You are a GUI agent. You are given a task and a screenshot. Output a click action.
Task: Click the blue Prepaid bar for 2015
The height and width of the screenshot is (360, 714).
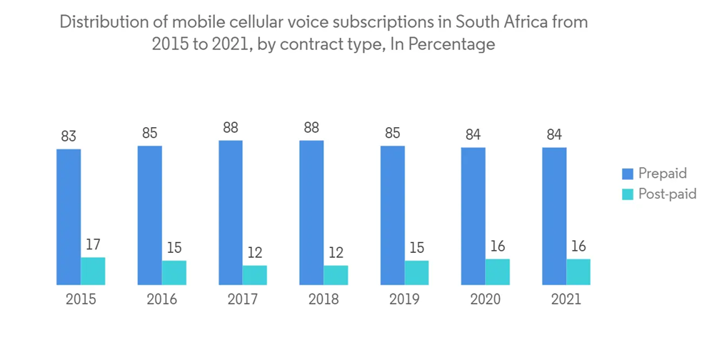pyautogui.click(x=69, y=217)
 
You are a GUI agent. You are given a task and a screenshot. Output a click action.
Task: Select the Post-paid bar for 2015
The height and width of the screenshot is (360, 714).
pyautogui.click(x=93, y=271)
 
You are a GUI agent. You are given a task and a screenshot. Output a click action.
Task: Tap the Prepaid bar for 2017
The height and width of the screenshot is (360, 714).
pyautogui.click(x=231, y=213)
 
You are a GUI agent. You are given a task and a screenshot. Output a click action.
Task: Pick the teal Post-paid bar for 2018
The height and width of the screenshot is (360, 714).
pyautogui.click(x=336, y=275)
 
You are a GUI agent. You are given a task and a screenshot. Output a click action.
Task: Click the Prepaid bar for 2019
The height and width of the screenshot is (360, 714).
pyautogui.click(x=392, y=215)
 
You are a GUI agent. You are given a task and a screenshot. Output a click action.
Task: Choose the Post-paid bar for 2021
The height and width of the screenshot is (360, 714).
pyautogui.click(x=578, y=271)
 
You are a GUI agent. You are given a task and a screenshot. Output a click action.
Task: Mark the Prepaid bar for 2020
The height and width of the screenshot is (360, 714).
pyautogui.click(x=473, y=216)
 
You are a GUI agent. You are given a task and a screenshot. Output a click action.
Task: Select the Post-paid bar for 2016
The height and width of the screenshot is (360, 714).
pyautogui.click(x=174, y=272)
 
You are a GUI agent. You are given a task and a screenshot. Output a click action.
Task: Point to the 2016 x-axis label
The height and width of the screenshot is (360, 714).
pyautogui.click(x=161, y=299)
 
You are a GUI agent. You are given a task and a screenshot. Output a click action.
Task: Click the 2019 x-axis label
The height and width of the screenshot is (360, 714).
pyautogui.click(x=404, y=299)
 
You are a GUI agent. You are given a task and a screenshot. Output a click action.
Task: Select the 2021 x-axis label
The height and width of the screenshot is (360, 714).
pyautogui.click(x=566, y=299)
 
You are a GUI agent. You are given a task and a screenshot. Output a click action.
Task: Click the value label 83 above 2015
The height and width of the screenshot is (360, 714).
pyautogui.click(x=69, y=136)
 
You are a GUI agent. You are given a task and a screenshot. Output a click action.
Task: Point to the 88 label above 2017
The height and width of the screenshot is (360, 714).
pyautogui.click(x=231, y=127)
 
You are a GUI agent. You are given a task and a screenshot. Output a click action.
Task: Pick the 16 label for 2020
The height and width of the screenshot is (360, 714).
pyautogui.click(x=498, y=246)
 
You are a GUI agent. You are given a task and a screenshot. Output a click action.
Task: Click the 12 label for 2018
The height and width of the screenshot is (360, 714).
pyautogui.click(x=336, y=252)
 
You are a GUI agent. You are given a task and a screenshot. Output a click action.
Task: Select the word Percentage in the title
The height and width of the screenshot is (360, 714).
pyautogui.click(x=452, y=44)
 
